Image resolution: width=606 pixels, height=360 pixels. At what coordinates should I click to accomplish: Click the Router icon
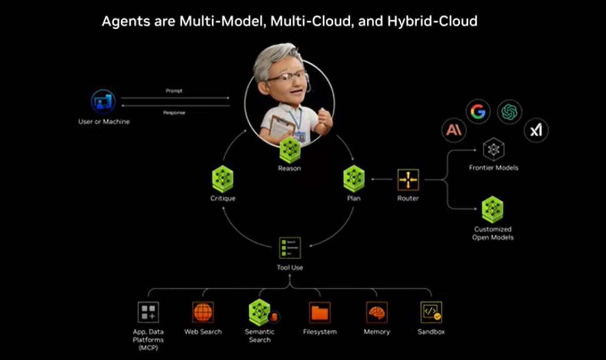[408, 180]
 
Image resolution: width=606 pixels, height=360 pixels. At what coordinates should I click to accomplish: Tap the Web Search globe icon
[203, 313]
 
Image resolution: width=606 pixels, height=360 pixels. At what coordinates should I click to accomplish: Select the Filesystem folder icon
[319, 313]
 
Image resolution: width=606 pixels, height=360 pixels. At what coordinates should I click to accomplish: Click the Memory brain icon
[376, 313]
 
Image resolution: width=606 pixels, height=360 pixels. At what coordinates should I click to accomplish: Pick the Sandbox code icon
[431, 313]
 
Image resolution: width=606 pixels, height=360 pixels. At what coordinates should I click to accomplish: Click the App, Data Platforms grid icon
[148, 313]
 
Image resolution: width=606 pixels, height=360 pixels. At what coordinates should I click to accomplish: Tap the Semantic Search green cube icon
[260, 312]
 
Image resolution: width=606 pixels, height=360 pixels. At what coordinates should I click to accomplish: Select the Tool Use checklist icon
[290, 248]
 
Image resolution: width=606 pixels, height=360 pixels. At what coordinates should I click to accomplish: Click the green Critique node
[222, 179]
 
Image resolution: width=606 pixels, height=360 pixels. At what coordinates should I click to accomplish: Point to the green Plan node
[353, 179]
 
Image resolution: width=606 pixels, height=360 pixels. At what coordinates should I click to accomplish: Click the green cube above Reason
[289, 150]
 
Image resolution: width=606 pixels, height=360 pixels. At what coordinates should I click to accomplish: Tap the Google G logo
[478, 112]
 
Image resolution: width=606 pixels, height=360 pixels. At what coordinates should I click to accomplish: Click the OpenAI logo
[509, 112]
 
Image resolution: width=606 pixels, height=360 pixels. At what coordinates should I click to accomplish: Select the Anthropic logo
[453, 130]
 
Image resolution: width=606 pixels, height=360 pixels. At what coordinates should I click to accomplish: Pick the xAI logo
[535, 130]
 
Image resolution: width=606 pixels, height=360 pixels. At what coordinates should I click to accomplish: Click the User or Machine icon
[103, 102]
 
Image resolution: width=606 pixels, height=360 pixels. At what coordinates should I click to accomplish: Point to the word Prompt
[174, 91]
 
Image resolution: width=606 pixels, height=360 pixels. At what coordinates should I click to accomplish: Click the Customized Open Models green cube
[493, 210]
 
